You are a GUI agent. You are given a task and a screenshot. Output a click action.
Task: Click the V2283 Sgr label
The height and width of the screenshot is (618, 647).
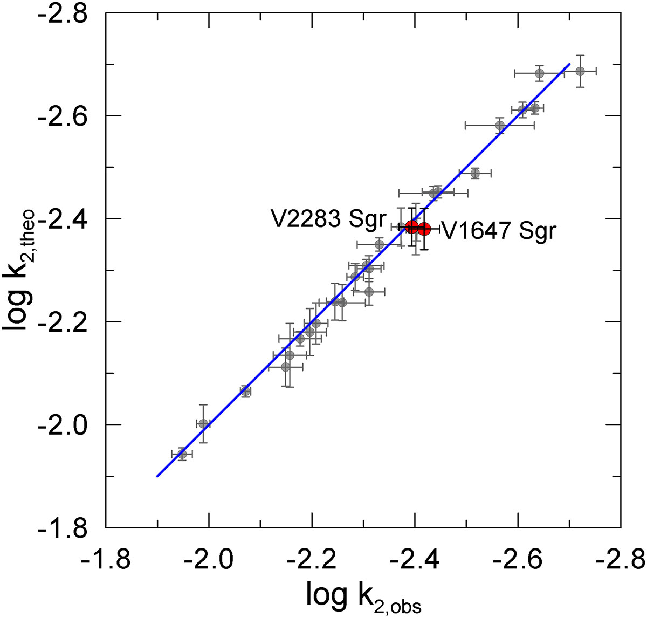click(x=329, y=220)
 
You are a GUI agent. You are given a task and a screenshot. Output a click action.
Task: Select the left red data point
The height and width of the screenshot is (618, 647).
click(x=412, y=226)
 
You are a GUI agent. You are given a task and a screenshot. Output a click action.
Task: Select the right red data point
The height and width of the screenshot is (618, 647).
click(x=424, y=229)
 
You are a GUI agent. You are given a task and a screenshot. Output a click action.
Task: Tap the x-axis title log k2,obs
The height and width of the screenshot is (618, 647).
click(x=364, y=596)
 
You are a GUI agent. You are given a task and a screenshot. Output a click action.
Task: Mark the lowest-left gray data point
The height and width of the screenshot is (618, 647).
click(x=182, y=454)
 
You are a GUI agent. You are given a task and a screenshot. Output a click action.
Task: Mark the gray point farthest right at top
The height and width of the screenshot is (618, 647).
click(x=580, y=71)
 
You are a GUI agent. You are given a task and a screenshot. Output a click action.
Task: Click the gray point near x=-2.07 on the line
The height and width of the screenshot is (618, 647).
click(x=245, y=392)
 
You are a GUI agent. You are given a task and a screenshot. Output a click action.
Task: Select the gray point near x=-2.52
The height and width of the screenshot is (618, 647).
click(x=475, y=173)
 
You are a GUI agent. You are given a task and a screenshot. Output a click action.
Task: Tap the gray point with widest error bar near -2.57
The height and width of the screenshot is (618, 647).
click(x=500, y=126)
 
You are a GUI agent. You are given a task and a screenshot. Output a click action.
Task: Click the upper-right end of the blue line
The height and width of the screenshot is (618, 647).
click(x=569, y=64)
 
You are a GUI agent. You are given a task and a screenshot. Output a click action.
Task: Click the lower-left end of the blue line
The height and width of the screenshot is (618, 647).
click(x=157, y=476)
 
